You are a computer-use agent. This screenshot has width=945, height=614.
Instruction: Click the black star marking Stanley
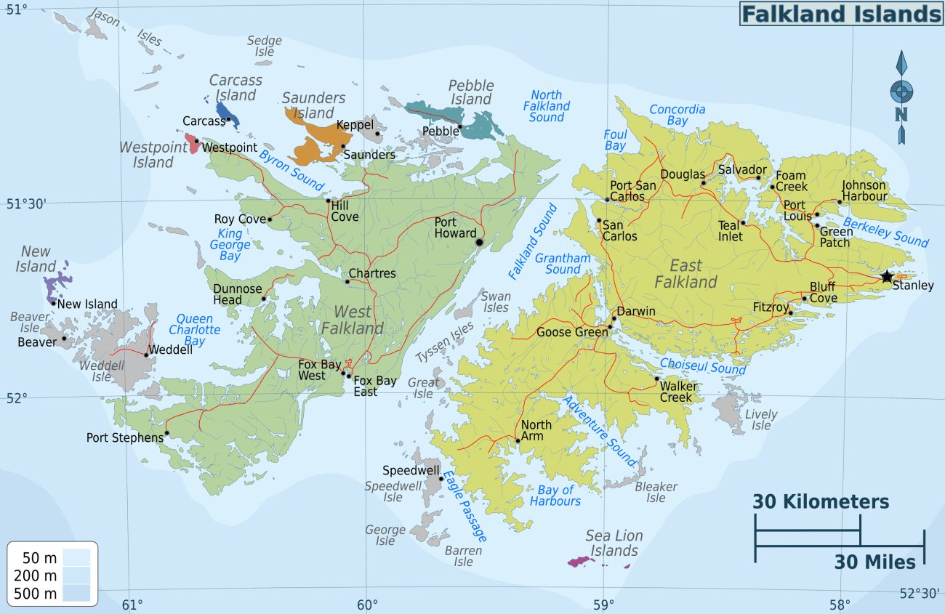(886, 276)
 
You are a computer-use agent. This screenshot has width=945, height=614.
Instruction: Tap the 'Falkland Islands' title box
(841, 14)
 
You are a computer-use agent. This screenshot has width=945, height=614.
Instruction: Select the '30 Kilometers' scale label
(821, 501)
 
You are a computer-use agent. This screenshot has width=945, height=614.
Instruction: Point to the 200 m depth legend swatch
(76, 575)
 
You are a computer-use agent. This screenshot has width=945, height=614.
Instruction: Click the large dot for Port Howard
(479, 241)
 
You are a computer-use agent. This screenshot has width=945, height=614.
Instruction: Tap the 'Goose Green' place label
(571, 332)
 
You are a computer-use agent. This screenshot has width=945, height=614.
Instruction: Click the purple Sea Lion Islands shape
(582, 561)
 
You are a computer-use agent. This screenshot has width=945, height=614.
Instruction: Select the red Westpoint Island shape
(193, 143)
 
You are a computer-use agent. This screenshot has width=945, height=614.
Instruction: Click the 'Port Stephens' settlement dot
(166, 433)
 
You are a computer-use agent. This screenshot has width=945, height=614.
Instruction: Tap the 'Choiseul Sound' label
(702, 365)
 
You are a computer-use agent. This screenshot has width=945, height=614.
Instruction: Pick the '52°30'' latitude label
(919, 593)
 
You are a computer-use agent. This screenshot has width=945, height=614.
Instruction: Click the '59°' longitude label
(603, 605)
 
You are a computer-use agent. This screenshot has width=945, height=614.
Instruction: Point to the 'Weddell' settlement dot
(146, 355)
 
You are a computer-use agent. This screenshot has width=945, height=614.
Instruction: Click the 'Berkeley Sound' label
(885, 231)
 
